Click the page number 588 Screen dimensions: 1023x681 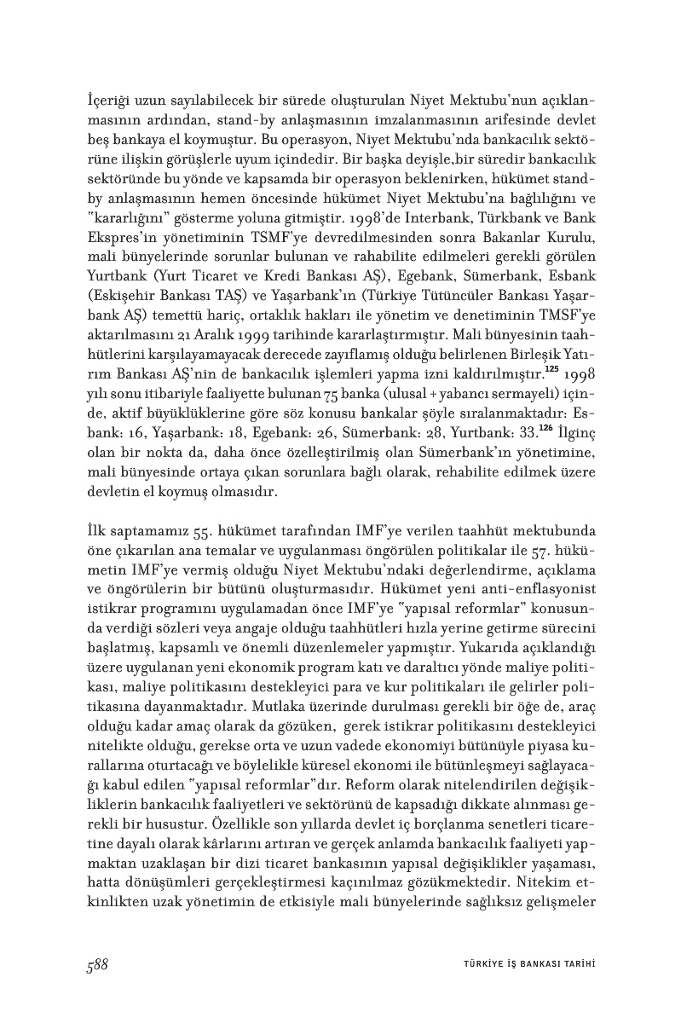[x=96, y=963]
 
